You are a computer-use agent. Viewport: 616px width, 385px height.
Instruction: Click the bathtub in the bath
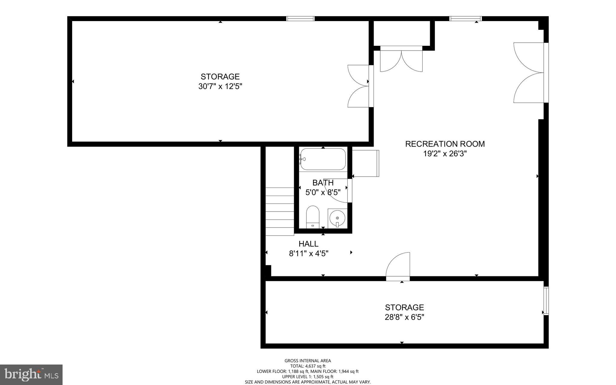pyautogui.click(x=323, y=160)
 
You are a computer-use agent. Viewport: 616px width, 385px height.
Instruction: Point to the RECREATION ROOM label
pyautogui.click(x=445, y=144)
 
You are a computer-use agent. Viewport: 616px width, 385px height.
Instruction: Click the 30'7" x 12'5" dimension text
pyautogui.click(x=220, y=86)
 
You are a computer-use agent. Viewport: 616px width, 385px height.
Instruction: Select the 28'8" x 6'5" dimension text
pyautogui.click(x=404, y=317)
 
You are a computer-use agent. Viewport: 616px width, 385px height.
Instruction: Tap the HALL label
pyautogui.click(x=308, y=244)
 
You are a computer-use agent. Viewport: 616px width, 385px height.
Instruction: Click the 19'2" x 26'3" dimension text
pyautogui.click(x=445, y=154)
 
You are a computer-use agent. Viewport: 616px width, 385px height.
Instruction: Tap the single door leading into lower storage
pyautogui.click(x=398, y=266)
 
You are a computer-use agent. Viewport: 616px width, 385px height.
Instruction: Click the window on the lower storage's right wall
pyautogui.click(x=546, y=301)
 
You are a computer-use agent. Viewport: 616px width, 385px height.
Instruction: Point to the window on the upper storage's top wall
pyautogui.click(x=300, y=19)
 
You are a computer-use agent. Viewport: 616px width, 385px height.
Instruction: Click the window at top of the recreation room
pyautogui.click(x=465, y=19)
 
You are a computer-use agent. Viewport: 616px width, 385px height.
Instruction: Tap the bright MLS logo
pyautogui.click(x=31, y=374)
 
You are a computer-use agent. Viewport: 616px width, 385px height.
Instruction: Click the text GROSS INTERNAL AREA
pyautogui.click(x=308, y=361)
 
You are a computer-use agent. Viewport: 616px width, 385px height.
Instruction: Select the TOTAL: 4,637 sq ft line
pyautogui.click(x=308, y=366)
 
